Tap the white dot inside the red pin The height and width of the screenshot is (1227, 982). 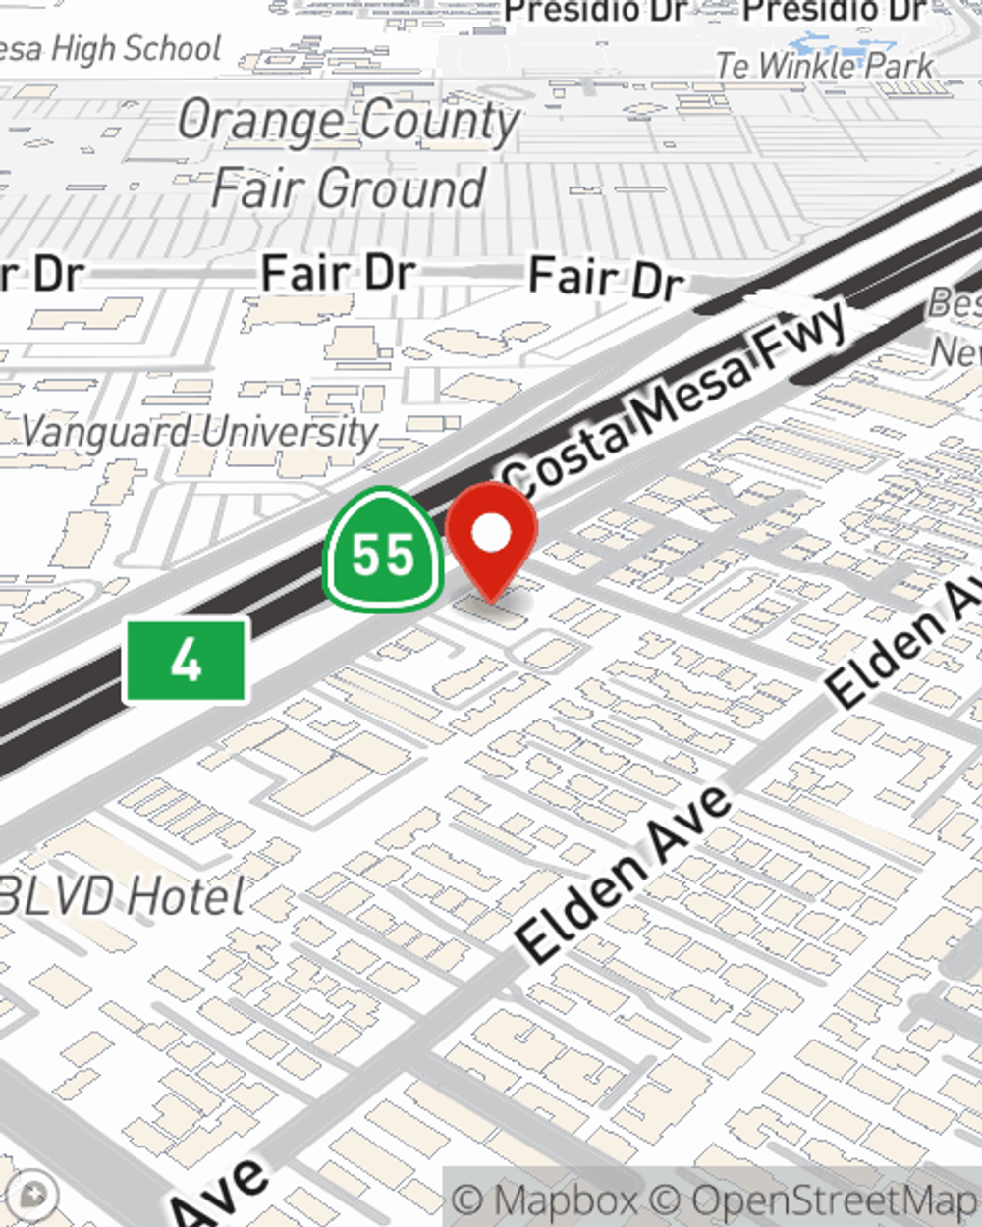click(x=491, y=534)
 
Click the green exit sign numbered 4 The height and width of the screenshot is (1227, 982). click(x=186, y=661)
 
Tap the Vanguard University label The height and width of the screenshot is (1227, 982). click(x=199, y=432)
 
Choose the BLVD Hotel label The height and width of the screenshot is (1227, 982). click(x=122, y=895)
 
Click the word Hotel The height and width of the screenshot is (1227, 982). click(x=187, y=895)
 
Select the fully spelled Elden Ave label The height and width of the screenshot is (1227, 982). click(x=625, y=874)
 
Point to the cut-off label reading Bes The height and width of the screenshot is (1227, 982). click(x=954, y=303)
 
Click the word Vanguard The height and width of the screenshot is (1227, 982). click(x=106, y=432)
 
